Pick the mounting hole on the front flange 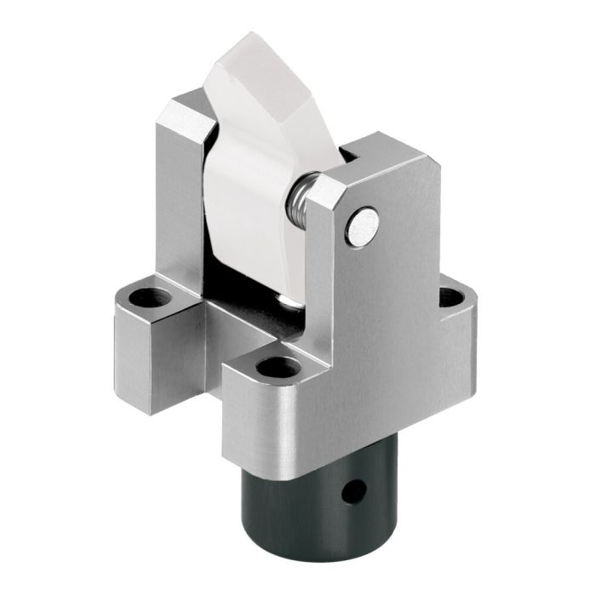pos(278,368)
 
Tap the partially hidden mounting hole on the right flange pos(451,297)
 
